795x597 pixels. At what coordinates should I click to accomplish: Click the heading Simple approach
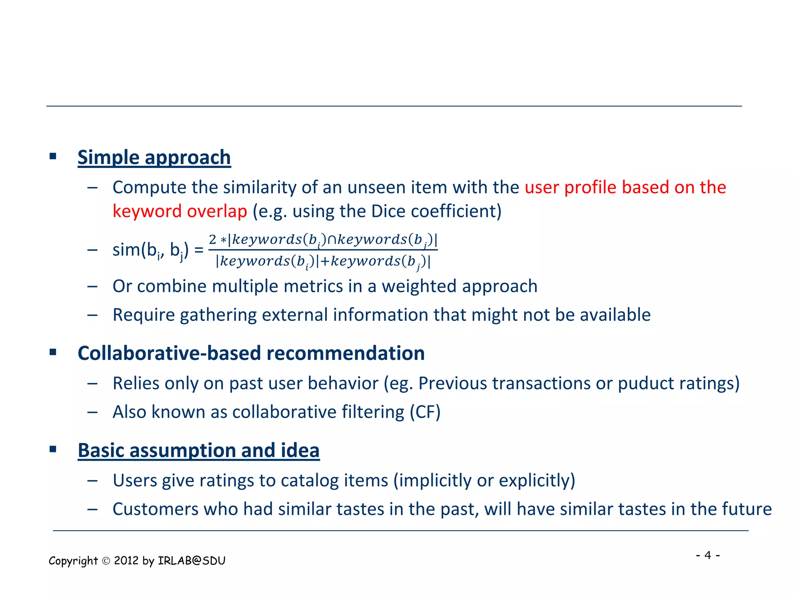[154, 157]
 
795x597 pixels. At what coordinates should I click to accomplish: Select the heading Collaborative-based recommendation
[251, 353]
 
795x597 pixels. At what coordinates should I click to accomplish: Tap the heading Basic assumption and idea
[198, 450]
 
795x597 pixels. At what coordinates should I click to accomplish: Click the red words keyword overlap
[180, 211]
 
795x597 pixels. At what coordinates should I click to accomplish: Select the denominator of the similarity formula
[323, 261]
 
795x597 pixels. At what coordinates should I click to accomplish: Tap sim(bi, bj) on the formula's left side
[150, 250]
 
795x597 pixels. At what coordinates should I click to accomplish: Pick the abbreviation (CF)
[425, 412]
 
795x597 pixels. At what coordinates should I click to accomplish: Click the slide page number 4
[708, 555]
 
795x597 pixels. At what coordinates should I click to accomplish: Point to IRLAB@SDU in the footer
[191, 561]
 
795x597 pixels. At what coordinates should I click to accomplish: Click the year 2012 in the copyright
[126, 561]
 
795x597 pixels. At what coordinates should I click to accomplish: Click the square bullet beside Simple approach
[53, 157]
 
